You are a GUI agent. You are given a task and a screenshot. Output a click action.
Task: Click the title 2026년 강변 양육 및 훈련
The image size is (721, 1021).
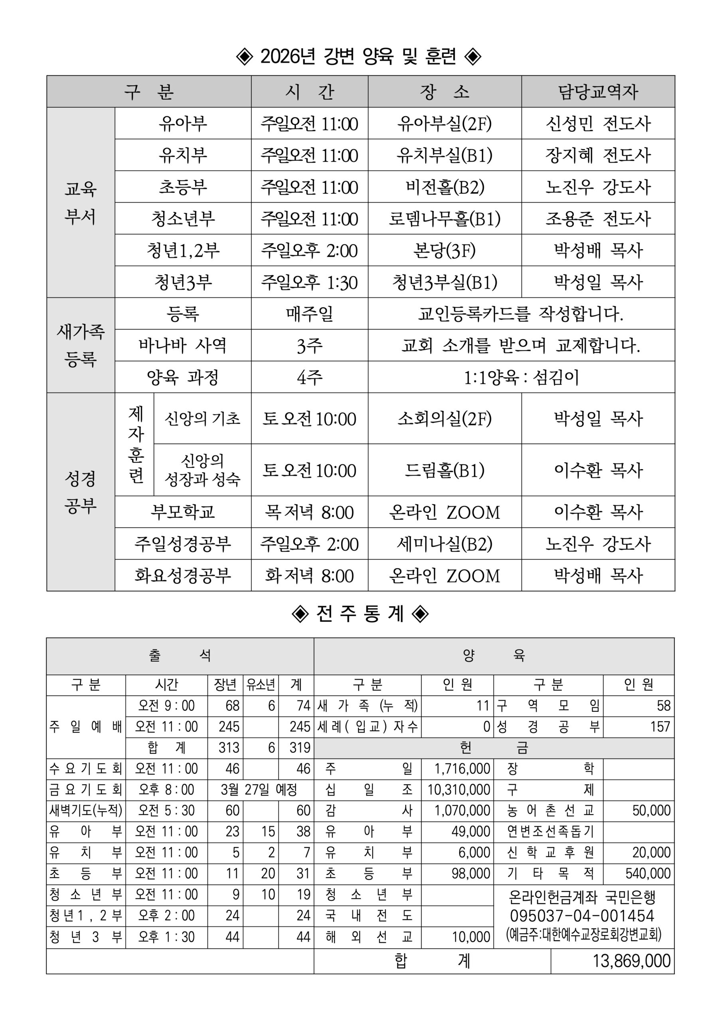coord(360,57)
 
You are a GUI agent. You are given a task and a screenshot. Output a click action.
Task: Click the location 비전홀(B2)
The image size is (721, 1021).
coord(445,187)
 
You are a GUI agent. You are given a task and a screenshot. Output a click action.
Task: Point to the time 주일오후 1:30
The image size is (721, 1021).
coord(309,282)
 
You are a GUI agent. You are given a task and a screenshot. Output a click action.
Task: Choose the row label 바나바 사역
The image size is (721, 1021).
coord(183,345)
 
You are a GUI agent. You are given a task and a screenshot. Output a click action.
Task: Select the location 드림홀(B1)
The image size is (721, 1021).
coord(445,470)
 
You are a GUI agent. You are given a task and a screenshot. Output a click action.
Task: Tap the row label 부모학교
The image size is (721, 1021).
coord(183,512)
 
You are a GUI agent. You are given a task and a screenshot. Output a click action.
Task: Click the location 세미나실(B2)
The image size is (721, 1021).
coord(445,544)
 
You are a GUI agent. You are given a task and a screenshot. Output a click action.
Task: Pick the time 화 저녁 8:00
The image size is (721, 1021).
coord(309,576)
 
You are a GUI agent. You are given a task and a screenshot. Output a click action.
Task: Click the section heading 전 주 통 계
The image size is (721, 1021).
coord(360,614)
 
